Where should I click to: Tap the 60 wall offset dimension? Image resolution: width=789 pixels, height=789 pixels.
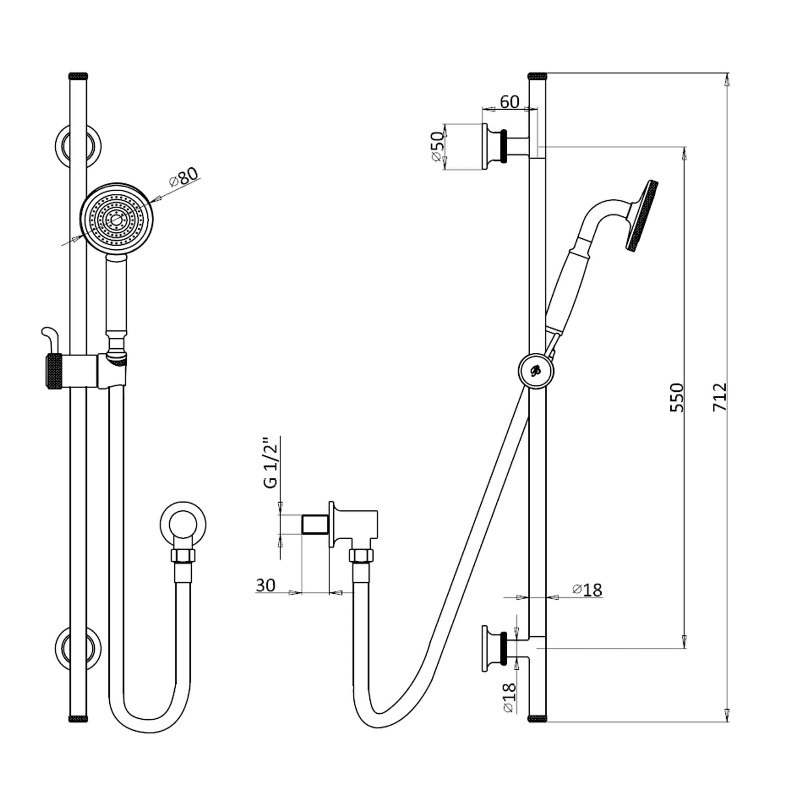click(509, 102)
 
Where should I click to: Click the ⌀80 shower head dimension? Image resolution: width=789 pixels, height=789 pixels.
click(184, 177)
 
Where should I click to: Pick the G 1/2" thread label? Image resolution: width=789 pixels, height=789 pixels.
click(271, 463)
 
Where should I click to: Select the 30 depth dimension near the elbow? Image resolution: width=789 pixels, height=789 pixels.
click(266, 585)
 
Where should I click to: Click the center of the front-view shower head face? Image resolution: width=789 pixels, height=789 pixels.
click(116, 220)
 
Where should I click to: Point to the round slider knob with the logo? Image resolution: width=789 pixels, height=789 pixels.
click(536, 370)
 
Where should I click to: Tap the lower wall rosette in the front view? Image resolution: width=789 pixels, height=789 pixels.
click(78, 649)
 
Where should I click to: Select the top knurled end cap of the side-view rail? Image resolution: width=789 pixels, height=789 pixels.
click(537, 76)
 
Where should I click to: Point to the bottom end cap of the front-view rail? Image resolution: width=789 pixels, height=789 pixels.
click(78, 718)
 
